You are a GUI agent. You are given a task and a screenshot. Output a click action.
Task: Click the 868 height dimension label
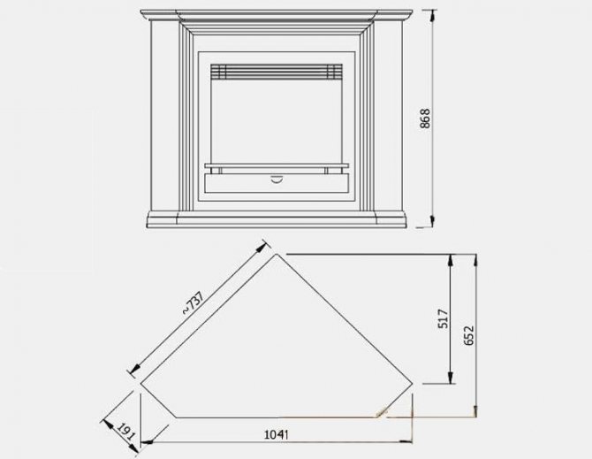pos(425,120)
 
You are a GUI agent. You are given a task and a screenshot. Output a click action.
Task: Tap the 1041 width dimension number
pos(277,434)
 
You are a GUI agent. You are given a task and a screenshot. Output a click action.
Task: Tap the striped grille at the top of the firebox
pos(274,70)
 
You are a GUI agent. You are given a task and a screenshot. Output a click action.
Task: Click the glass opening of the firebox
pos(274,119)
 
